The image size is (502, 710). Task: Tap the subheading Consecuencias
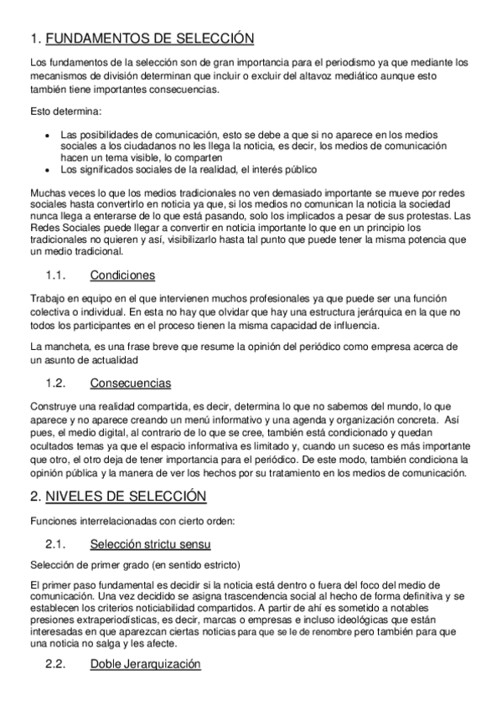pyautogui.click(x=130, y=383)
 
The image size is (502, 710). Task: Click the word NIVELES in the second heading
pyautogui.click(x=75, y=497)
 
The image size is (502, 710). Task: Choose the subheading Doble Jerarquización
pyautogui.click(x=146, y=665)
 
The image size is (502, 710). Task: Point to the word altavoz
pyautogui.click(x=314, y=75)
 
